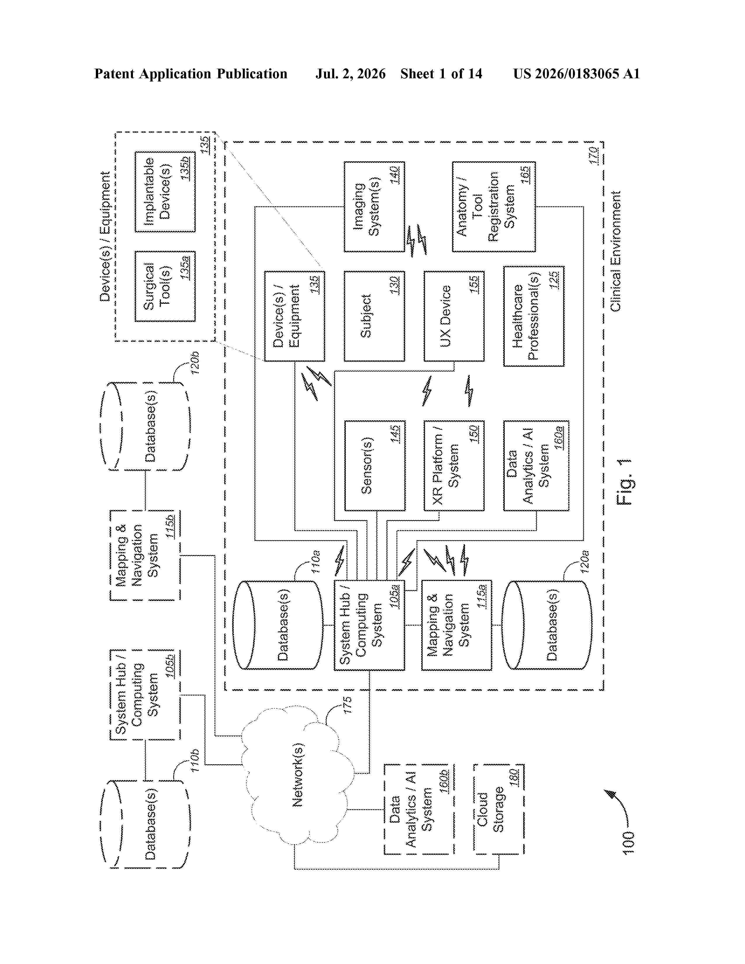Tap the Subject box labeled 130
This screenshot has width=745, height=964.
click(374, 316)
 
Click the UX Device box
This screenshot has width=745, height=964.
click(454, 316)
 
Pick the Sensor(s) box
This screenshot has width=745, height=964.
click(374, 466)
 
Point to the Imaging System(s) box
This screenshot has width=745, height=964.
click(374, 207)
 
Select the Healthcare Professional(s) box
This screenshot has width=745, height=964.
click(533, 316)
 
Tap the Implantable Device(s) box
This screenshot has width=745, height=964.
click(165, 192)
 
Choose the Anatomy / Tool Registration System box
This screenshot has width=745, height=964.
click(494, 207)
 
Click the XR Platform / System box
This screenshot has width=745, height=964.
click(454, 466)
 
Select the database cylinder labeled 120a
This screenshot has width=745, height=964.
click(547, 625)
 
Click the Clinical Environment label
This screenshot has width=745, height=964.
click(616, 251)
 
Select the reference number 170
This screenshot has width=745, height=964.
click(594, 156)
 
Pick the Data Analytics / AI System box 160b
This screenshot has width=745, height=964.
click(419, 809)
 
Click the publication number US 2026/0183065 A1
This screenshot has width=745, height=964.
click(576, 74)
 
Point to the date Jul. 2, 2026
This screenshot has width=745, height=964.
click(350, 74)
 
